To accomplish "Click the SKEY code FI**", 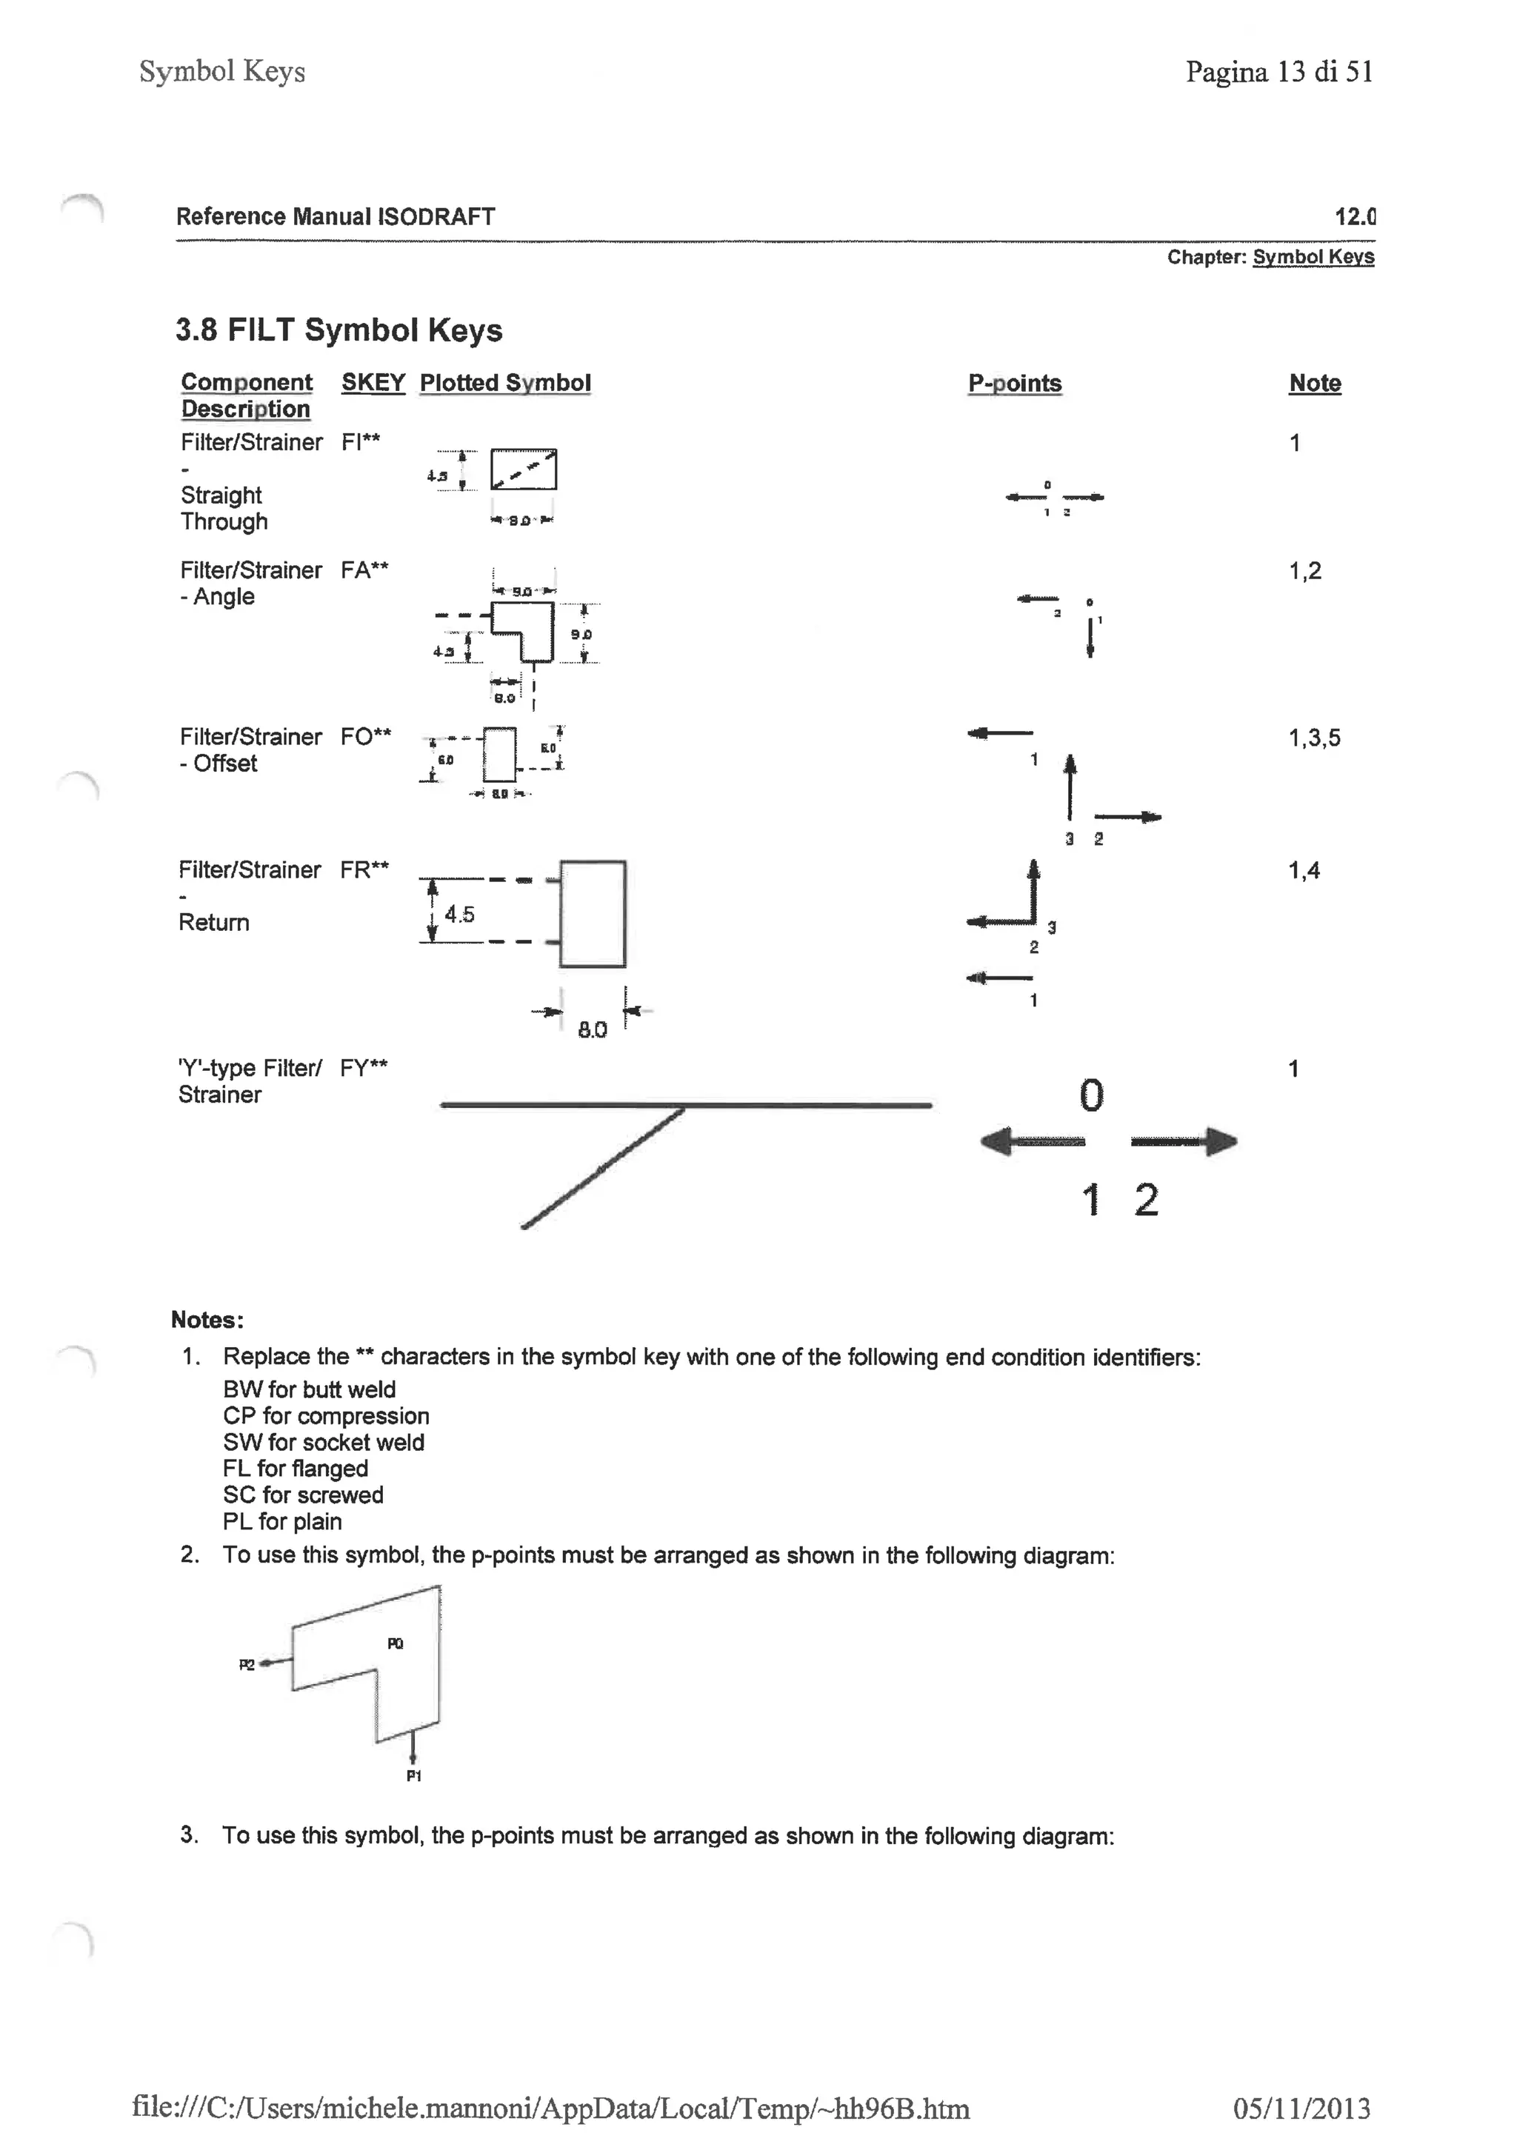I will point(361,443).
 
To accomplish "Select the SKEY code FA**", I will point(364,570).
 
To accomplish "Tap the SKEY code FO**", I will point(365,737).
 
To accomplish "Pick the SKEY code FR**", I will point(364,870).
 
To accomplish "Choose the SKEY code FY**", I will point(364,1068).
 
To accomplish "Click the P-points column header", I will point(1015,384).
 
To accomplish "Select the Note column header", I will point(1314,384).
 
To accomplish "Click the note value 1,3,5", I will point(1313,738).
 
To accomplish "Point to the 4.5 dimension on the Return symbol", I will point(459,914).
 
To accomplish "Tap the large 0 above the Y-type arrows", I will point(1091,1095).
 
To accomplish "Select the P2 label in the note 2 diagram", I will point(247,1664).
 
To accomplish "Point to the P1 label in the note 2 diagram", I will point(414,1775).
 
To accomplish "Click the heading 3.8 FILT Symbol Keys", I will point(339,330).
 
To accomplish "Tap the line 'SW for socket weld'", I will point(323,1442).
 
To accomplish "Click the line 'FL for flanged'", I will point(296,1469).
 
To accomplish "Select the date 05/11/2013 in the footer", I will point(1301,2108).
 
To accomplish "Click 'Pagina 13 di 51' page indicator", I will point(1278,72).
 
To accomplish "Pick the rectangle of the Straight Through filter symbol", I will point(523,469).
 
